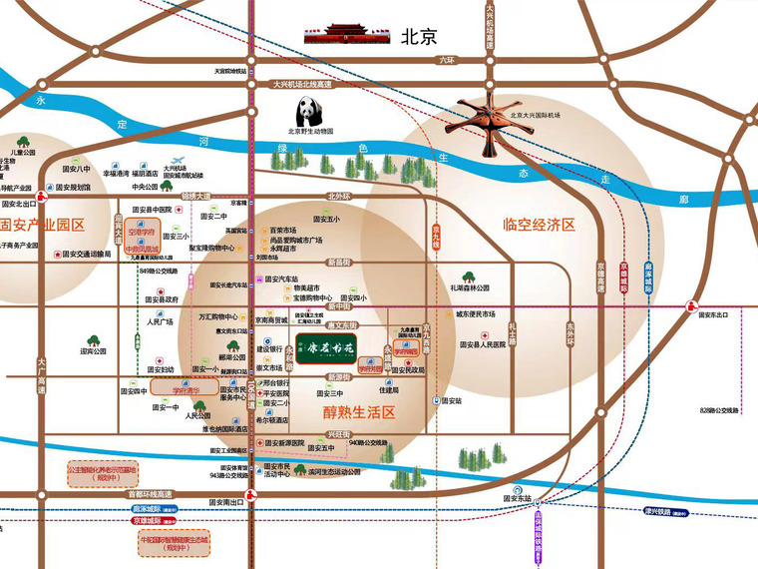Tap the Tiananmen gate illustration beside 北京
(x=345, y=37)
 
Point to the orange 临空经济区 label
(x=540, y=225)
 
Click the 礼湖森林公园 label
(x=470, y=287)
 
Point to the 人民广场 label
(x=161, y=321)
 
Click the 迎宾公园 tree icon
(x=94, y=341)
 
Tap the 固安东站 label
(x=517, y=497)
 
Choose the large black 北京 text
(x=419, y=37)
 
